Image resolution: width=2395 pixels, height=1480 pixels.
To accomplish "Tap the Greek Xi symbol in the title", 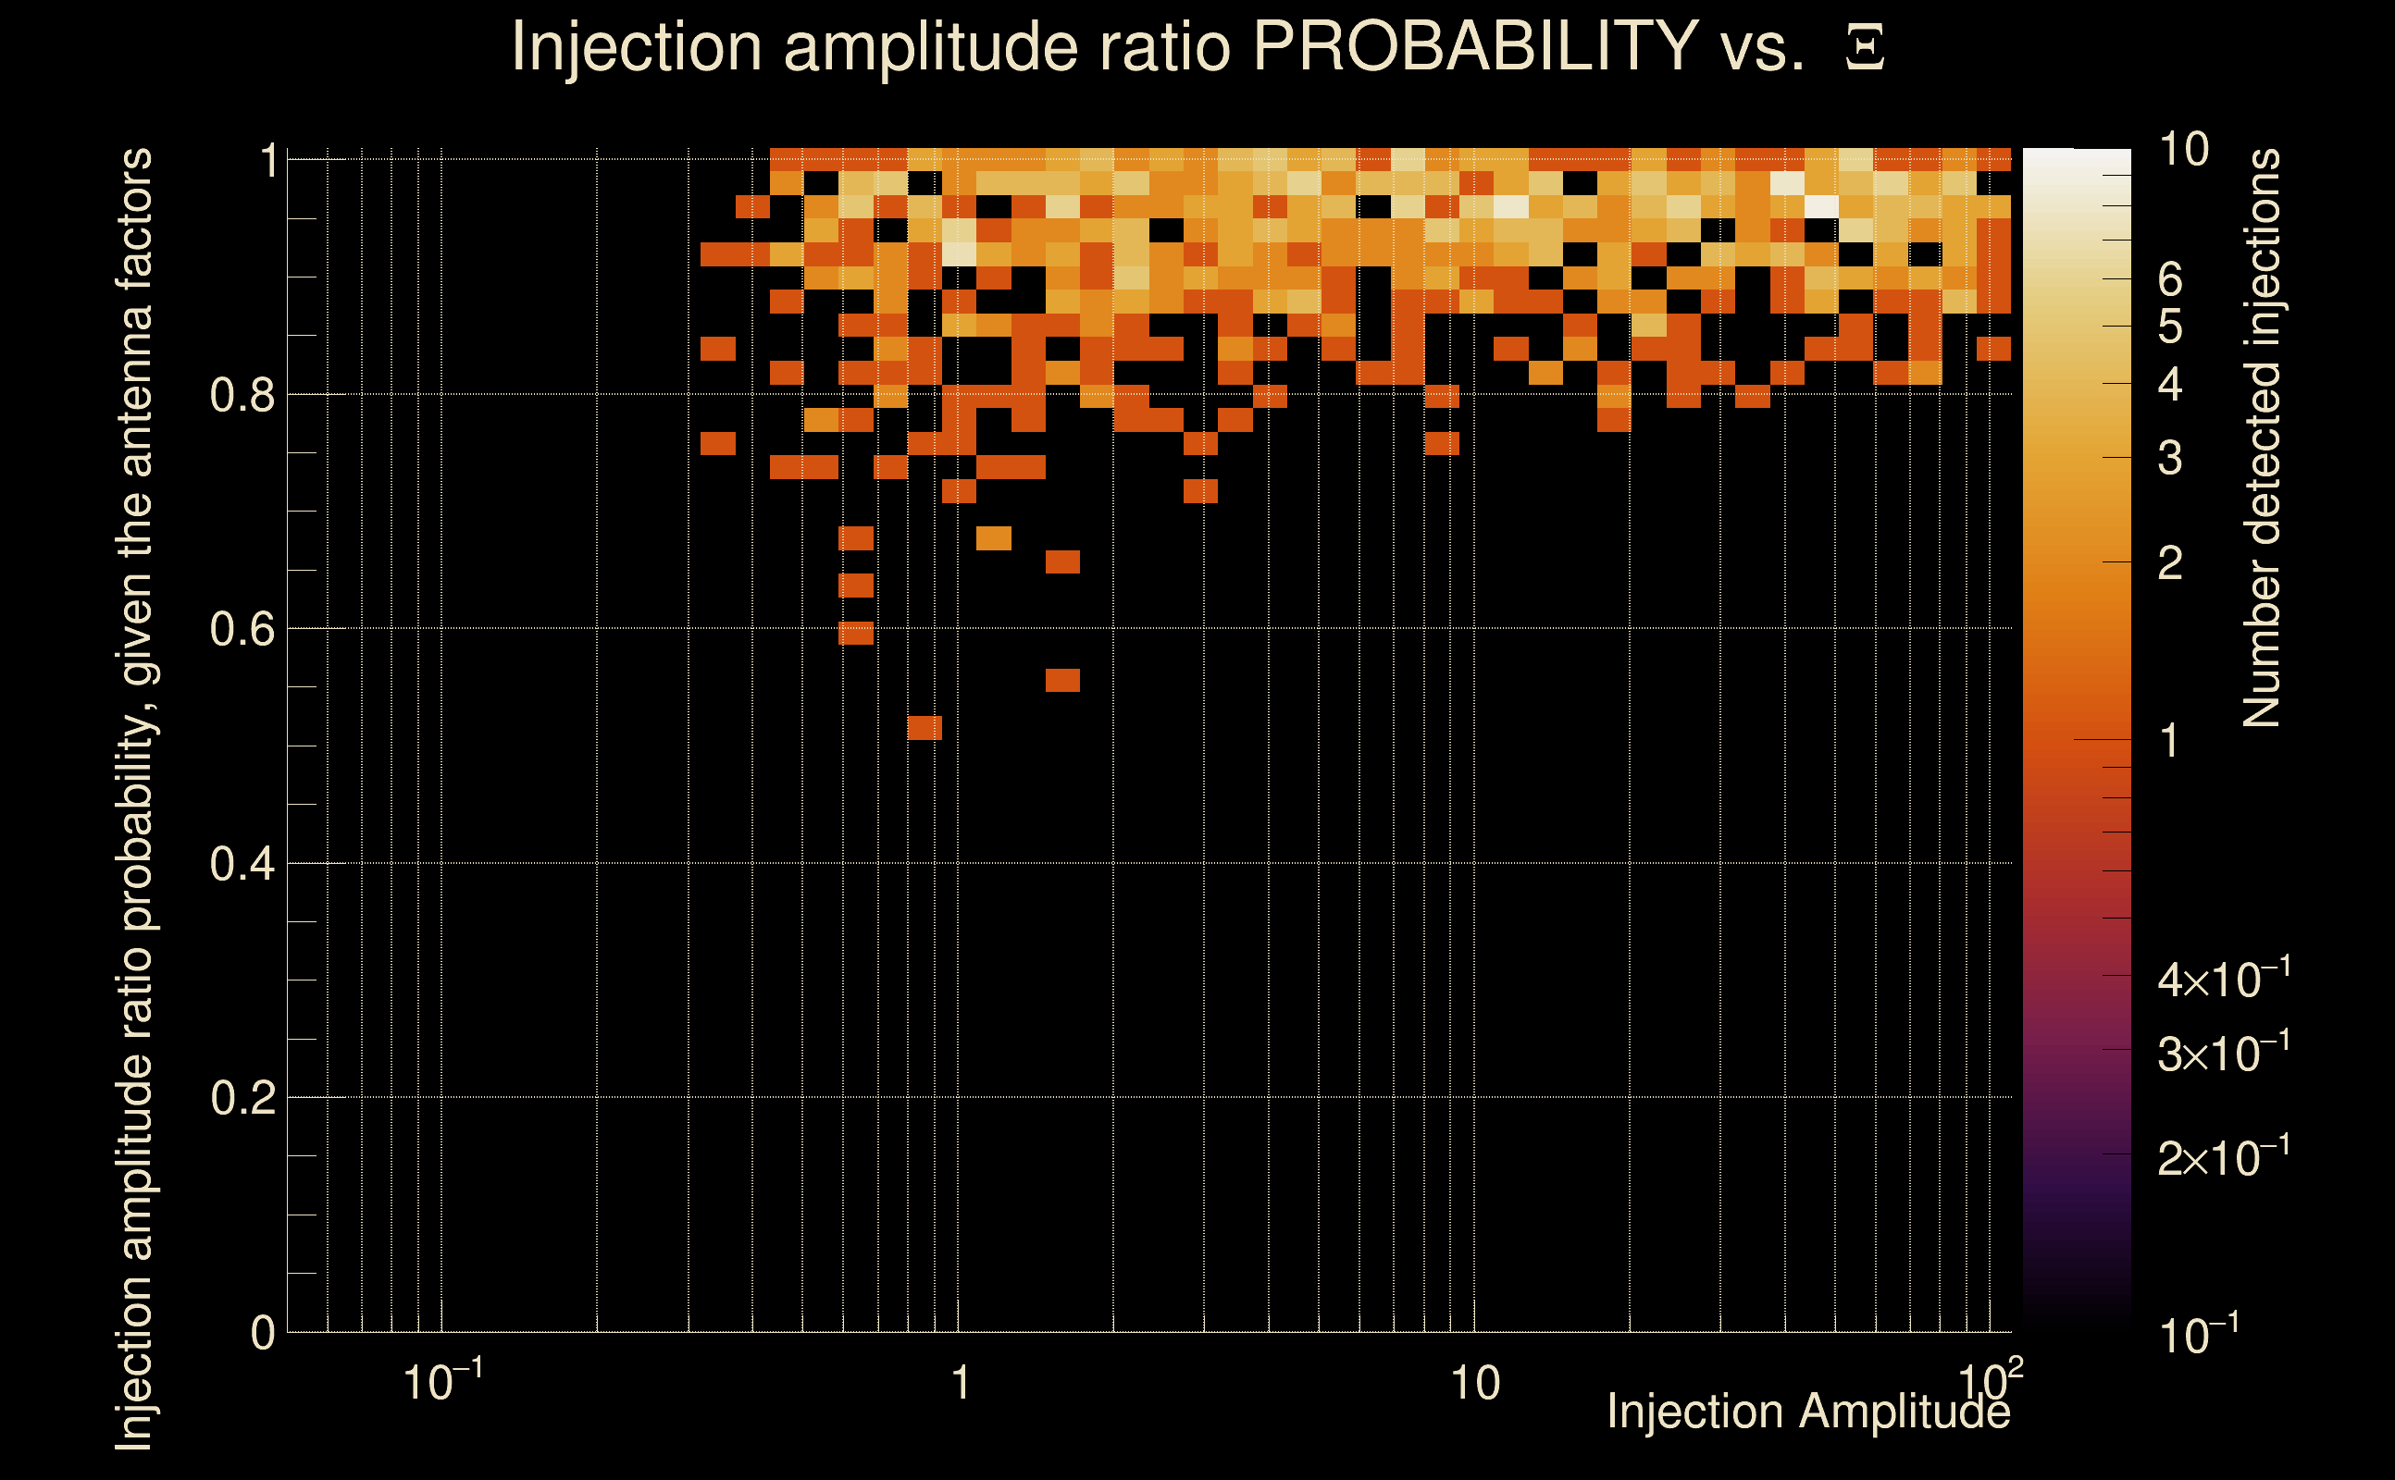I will click(x=1865, y=48).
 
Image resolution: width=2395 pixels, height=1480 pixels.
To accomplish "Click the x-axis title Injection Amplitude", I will click(x=1808, y=1412).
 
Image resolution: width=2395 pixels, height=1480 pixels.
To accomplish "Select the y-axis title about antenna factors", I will click(x=135, y=797).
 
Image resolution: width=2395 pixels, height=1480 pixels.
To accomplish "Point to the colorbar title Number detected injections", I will click(x=2262, y=438).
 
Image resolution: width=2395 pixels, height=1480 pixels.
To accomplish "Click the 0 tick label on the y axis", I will click(x=263, y=1333).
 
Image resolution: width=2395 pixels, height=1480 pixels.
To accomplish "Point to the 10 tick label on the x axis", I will click(x=1474, y=1384).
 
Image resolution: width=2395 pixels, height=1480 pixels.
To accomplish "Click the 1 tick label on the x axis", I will click(x=960, y=1384).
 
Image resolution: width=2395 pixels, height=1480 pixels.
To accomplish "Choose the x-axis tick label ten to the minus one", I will click(x=441, y=1382).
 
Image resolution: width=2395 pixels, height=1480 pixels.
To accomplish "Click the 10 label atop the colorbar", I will click(x=2183, y=150).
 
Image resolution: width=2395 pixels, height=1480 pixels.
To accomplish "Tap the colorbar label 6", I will click(x=2170, y=281).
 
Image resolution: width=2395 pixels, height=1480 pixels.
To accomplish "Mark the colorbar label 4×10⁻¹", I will click(x=2224, y=979).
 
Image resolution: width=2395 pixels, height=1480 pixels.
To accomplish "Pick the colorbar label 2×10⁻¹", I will click(x=2224, y=1157).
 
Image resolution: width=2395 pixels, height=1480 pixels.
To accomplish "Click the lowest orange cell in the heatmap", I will click(x=924, y=727).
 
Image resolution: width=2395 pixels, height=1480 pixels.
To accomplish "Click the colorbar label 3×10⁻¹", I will click(x=2224, y=1054).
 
